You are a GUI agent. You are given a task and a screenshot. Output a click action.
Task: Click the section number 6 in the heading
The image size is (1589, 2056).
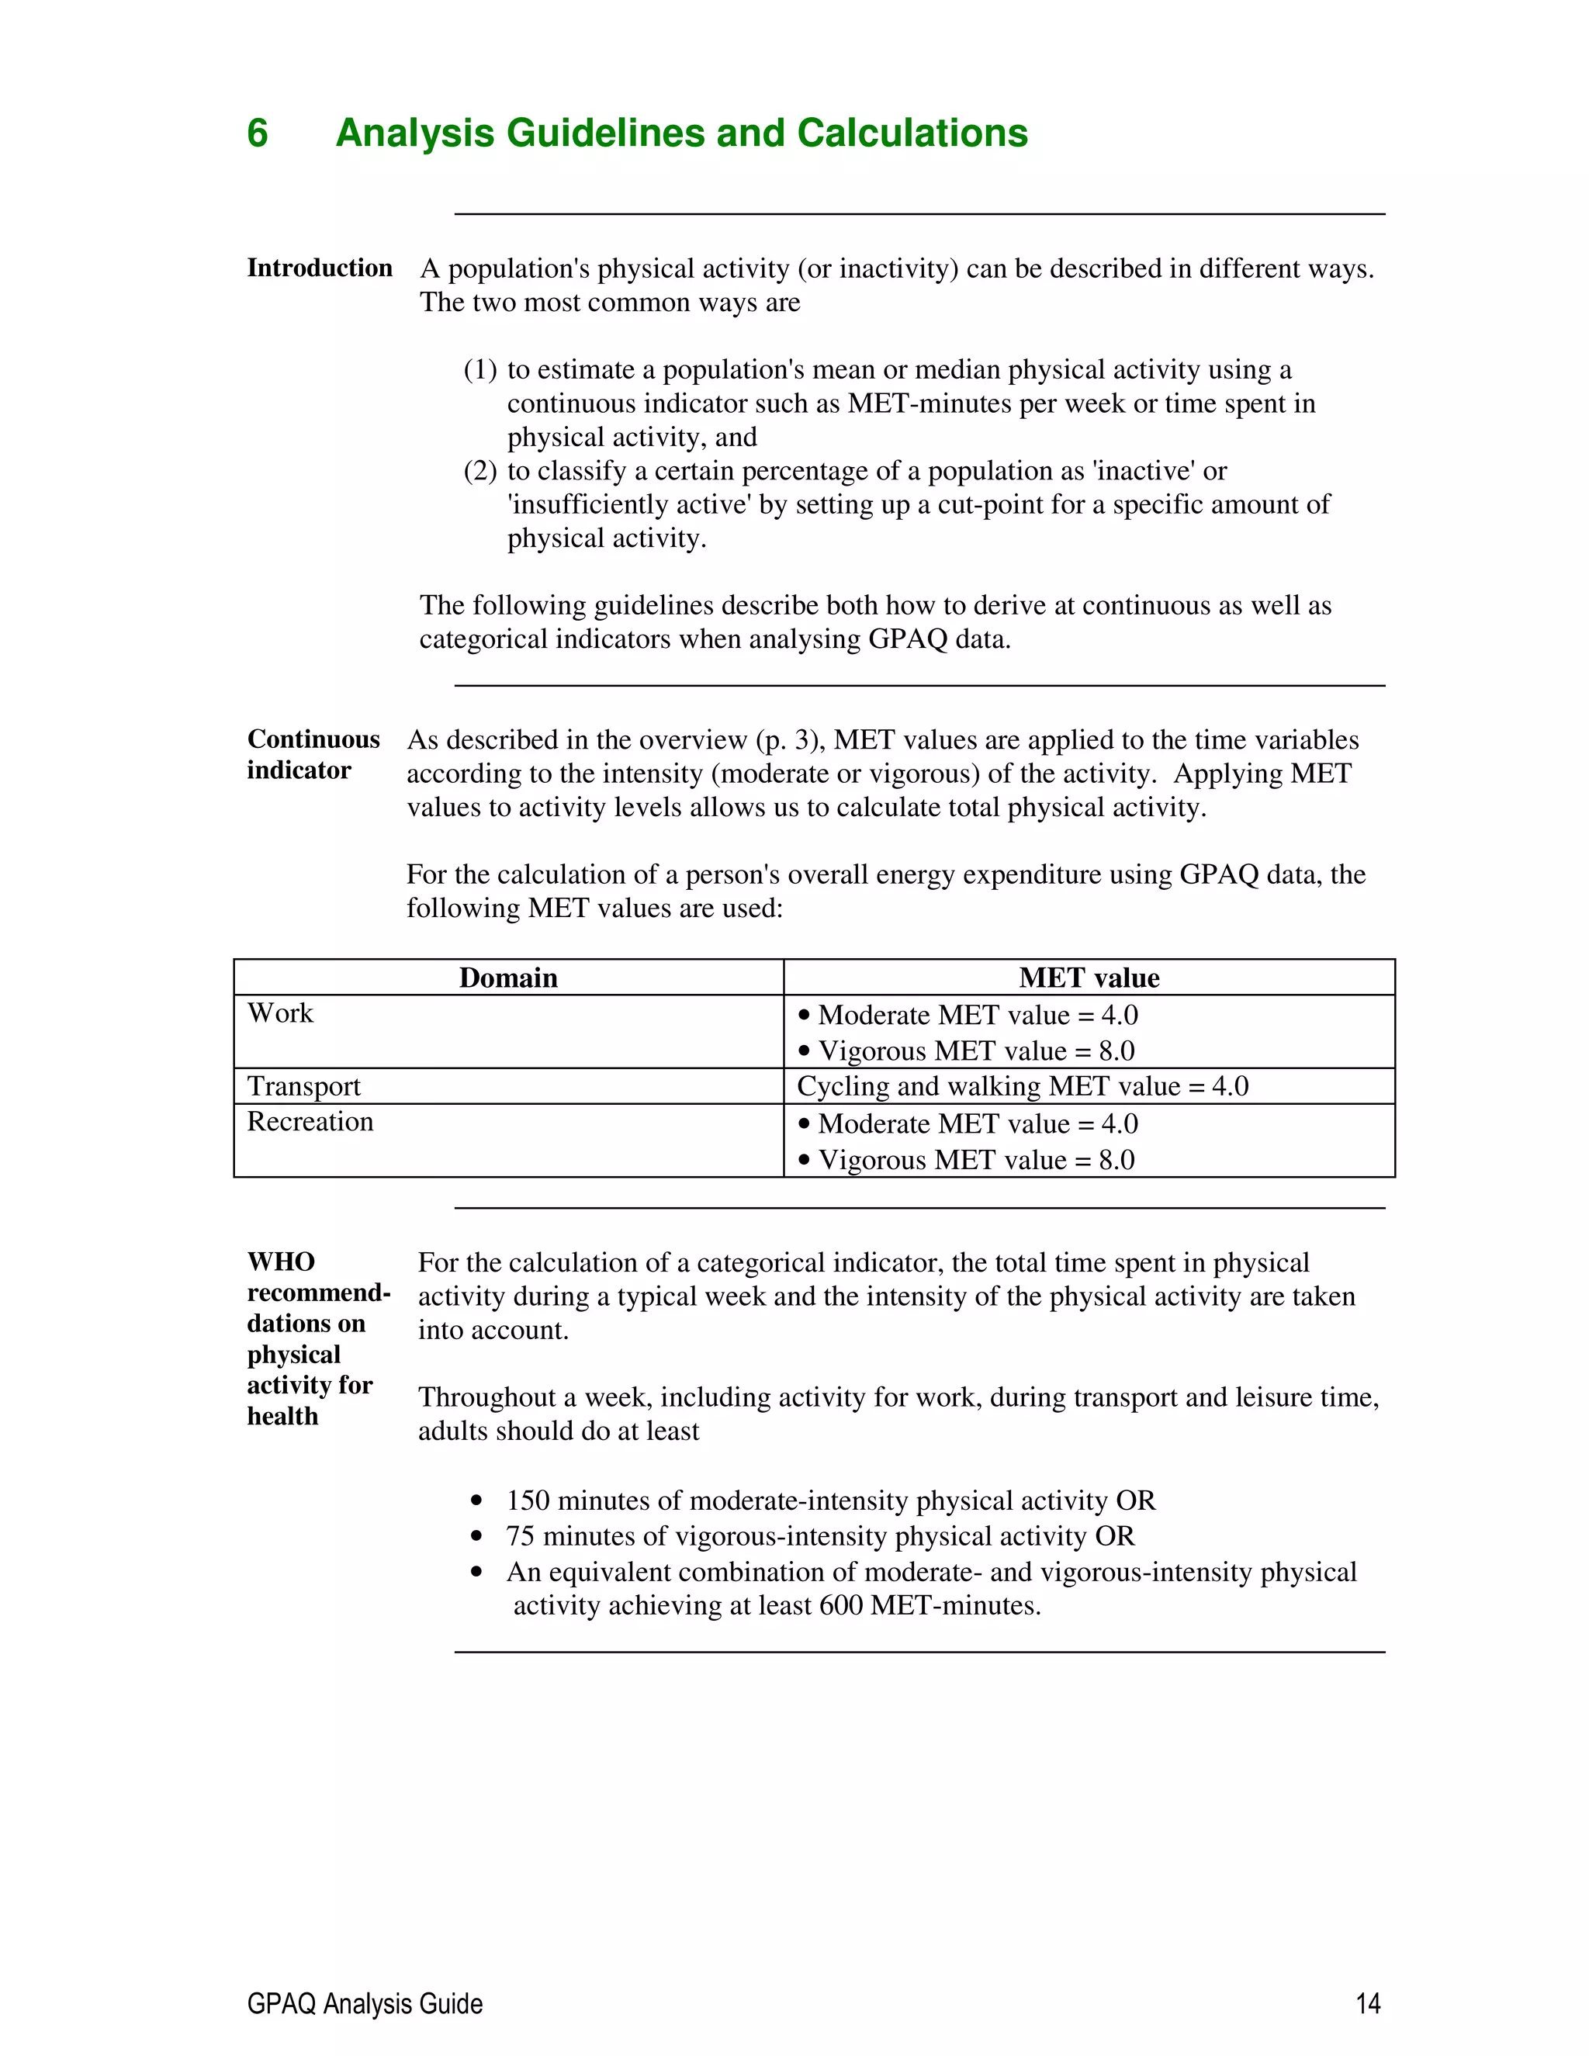pyautogui.click(x=257, y=133)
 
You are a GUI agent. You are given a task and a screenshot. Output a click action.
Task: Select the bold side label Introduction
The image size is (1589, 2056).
pyautogui.click(x=319, y=268)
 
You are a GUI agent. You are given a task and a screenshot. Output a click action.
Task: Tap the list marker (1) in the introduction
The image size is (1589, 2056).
pyautogui.click(x=480, y=370)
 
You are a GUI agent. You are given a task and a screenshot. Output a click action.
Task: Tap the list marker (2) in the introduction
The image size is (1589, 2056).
pyautogui.click(x=480, y=471)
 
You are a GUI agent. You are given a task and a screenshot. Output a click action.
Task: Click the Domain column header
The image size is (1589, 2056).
pyautogui.click(x=508, y=978)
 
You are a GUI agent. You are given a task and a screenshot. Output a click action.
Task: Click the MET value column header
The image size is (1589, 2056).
pyautogui.click(x=1089, y=978)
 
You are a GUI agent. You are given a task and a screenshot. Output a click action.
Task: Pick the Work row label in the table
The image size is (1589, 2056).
pyautogui.click(x=281, y=1014)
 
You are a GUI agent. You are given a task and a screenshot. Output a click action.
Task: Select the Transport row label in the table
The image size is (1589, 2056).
pyautogui.click(x=303, y=1086)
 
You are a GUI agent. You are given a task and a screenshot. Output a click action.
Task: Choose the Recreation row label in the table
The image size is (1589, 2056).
pyautogui.click(x=310, y=1122)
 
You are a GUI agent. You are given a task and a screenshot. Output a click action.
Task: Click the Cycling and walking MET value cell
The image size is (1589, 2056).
pyautogui.click(x=1023, y=1086)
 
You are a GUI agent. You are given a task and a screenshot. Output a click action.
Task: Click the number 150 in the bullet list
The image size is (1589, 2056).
pyautogui.click(x=527, y=1500)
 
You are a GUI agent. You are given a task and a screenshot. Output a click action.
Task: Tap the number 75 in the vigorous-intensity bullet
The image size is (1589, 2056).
pyautogui.click(x=521, y=1536)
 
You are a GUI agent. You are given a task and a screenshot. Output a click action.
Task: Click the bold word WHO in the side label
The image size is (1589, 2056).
pyautogui.click(x=281, y=1262)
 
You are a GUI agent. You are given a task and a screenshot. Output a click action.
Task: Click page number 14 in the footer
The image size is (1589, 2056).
pyautogui.click(x=1368, y=2004)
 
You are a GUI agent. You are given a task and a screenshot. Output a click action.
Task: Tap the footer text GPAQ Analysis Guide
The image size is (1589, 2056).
pyautogui.click(x=365, y=2004)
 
